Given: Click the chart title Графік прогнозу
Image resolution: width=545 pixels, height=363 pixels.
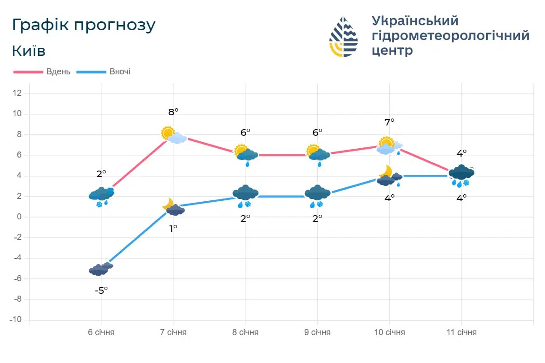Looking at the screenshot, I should point(84,25).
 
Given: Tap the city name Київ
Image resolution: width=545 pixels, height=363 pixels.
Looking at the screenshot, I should point(29,51).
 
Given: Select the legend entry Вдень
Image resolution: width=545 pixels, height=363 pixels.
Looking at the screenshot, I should point(59,72).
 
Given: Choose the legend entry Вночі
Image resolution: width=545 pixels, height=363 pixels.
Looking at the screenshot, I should point(120,72).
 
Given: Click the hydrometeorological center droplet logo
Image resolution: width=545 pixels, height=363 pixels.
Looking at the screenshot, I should point(343,37).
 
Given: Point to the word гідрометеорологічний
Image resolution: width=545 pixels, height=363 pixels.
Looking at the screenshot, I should point(450,36).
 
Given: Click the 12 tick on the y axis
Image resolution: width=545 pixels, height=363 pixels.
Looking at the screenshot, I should point(17,93).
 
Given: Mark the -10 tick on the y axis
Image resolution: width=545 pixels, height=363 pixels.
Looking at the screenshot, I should point(16,320).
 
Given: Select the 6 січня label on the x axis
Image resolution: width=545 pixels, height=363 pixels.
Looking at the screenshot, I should point(101,332).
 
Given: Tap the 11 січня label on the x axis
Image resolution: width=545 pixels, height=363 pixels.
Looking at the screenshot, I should point(461,332).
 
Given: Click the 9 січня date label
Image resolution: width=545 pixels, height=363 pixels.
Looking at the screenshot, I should point(317,332).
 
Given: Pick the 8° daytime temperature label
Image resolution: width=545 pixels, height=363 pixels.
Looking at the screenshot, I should point(173,112).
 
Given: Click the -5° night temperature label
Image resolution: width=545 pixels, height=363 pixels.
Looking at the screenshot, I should point(101,290).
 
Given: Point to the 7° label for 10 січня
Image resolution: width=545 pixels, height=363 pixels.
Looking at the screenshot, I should point(389,122).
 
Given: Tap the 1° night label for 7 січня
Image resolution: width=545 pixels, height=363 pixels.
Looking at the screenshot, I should point(173,228).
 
